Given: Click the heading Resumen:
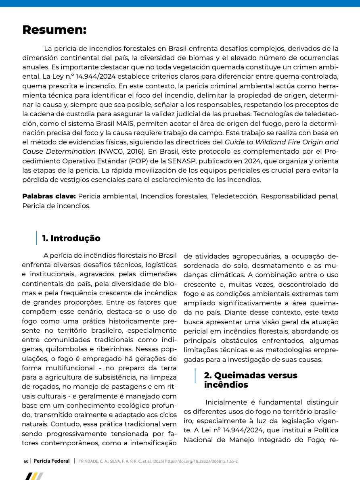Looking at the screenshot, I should [54, 30].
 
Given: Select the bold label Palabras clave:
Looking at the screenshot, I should [49, 196].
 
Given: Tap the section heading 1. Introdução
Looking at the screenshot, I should [71, 238].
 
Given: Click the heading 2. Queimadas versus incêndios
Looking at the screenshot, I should [250, 380].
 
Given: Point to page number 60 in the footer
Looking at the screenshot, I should [26, 461].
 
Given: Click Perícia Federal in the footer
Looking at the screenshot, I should [52, 461].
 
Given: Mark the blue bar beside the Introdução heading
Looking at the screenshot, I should [36, 238].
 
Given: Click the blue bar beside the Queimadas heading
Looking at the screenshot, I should [195, 376].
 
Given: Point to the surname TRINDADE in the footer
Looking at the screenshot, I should [89, 461].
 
